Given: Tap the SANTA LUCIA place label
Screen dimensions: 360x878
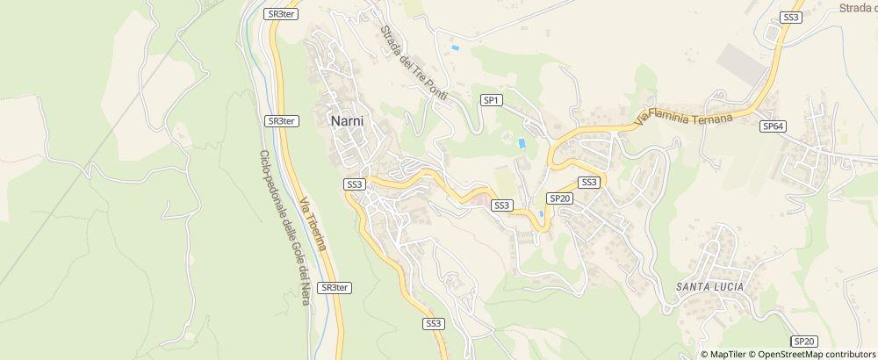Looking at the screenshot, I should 710,287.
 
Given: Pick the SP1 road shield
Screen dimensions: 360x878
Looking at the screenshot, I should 492,101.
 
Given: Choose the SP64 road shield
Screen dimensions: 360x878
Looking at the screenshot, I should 773,126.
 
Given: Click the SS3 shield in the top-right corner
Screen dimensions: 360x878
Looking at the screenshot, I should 790,17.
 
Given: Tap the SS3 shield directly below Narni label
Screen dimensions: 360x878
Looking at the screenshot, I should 354,184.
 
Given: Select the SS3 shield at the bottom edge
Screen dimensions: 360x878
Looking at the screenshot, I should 434,323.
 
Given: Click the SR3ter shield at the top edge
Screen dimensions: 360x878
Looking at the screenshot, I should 281,15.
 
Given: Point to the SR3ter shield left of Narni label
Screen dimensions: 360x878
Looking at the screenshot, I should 282,121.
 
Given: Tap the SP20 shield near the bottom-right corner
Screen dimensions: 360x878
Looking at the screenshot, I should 804,341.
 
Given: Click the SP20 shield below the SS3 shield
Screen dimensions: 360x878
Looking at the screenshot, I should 560,198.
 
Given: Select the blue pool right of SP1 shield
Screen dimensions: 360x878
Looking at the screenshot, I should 522,142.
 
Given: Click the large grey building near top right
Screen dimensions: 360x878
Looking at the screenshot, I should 744,62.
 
